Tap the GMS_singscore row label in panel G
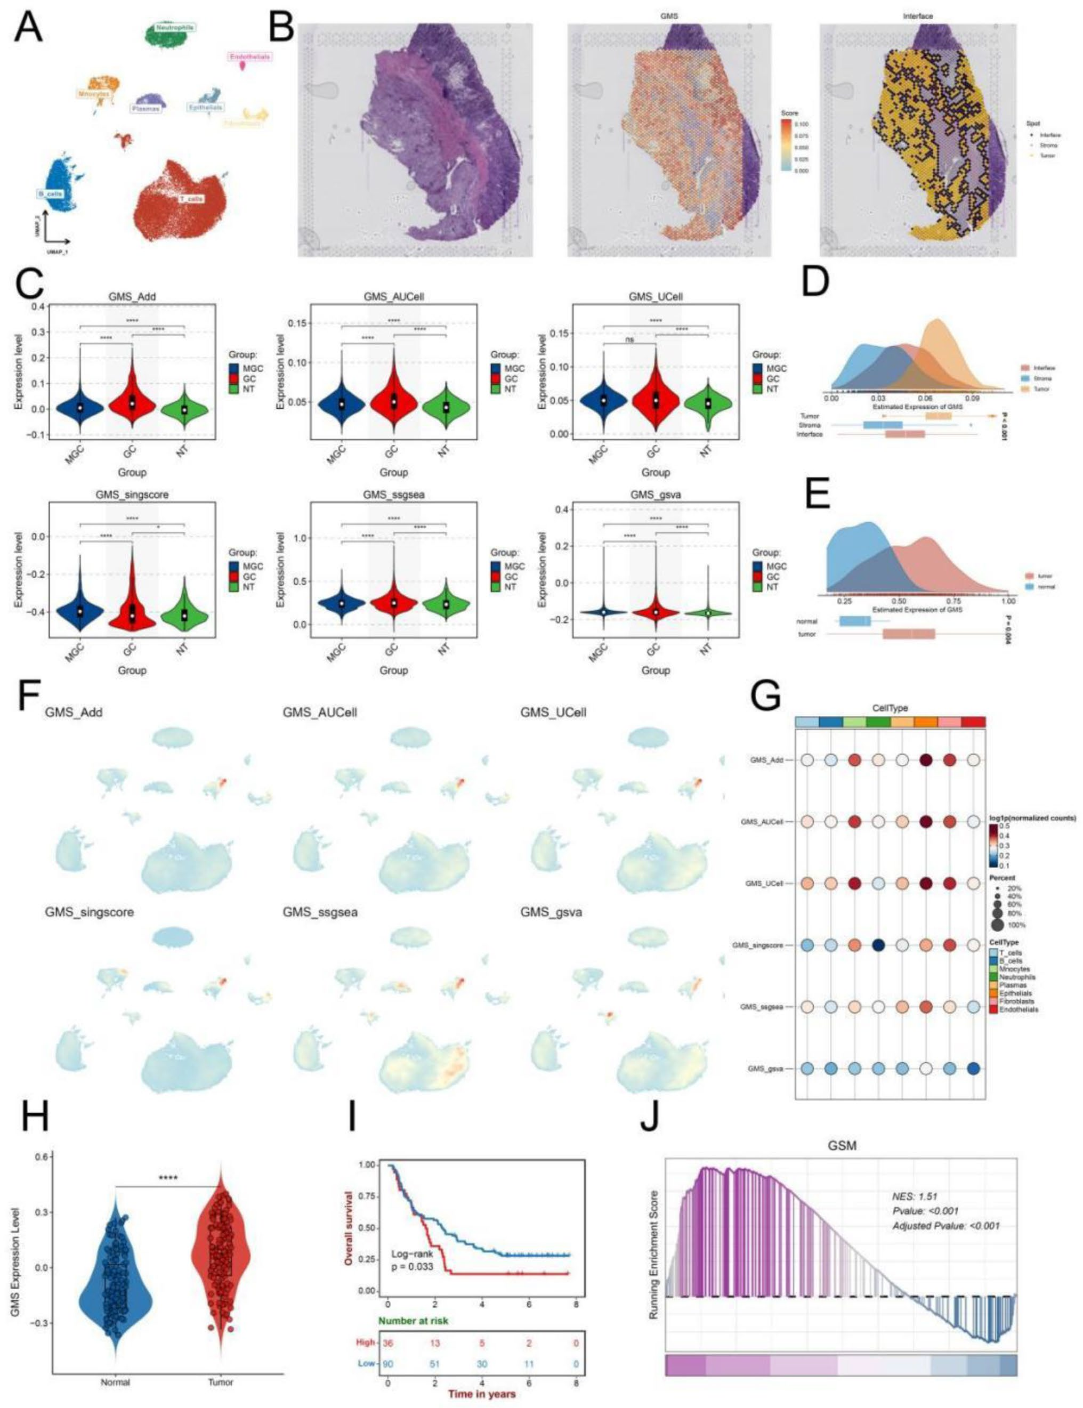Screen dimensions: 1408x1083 pos(757,945)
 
